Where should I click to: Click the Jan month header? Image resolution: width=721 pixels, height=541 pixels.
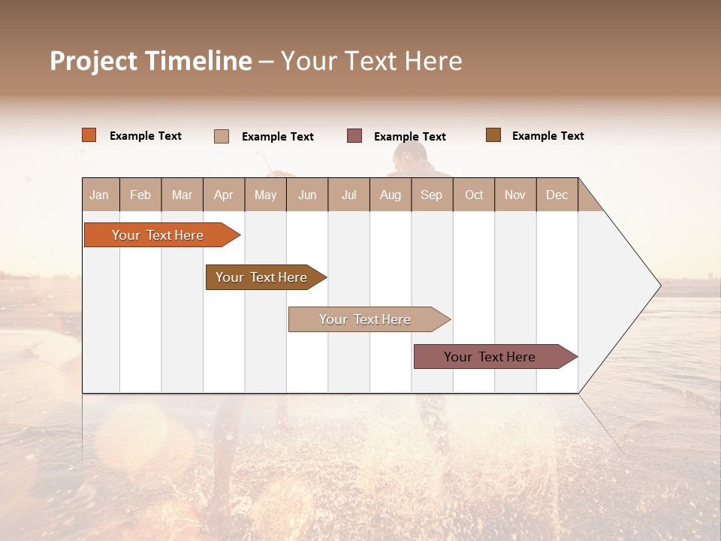click(x=100, y=195)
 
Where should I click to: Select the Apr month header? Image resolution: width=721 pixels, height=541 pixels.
click(x=224, y=195)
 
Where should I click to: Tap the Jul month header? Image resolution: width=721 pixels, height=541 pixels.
click(x=348, y=195)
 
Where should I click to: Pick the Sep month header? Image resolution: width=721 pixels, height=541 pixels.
click(x=431, y=195)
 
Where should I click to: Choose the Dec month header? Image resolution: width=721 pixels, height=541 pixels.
click(x=557, y=195)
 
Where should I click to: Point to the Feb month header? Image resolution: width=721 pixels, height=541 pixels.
click(x=140, y=195)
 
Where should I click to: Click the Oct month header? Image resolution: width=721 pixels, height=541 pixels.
click(x=474, y=195)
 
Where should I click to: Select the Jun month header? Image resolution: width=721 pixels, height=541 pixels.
click(x=307, y=195)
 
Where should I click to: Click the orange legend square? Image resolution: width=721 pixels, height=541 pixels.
click(x=89, y=135)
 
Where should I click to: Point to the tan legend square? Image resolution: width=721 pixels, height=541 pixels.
click(x=222, y=136)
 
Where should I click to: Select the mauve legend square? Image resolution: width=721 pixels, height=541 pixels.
click(x=354, y=136)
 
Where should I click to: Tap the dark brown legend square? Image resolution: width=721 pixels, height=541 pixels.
click(x=493, y=135)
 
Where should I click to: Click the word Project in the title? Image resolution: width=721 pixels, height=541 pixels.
click(x=95, y=61)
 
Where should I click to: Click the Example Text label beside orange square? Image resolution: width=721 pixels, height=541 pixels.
click(x=146, y=136)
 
